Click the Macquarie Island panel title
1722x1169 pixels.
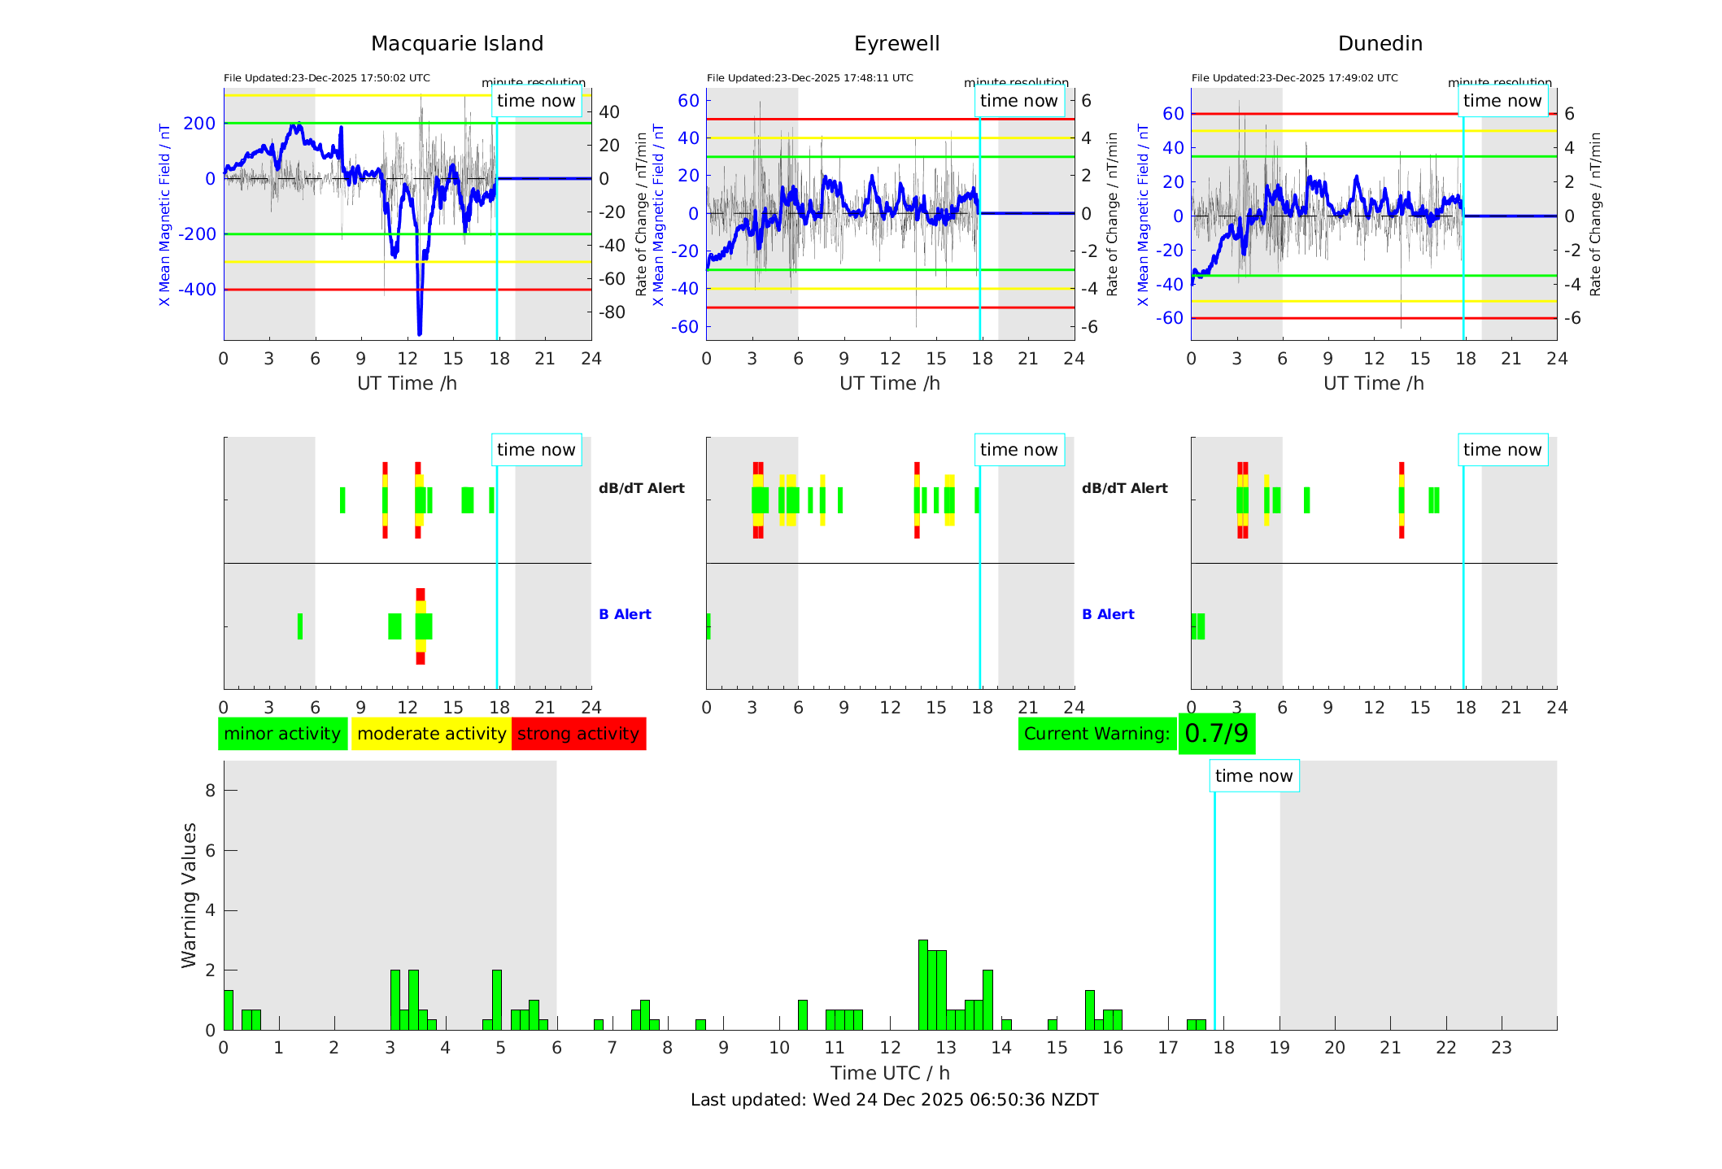457,44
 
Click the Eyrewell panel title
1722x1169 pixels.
896,44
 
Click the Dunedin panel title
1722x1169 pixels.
1380,44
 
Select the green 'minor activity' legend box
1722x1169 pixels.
282,734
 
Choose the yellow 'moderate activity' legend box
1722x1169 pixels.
431,734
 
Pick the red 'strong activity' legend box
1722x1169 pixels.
578,734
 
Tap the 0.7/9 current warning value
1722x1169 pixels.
1216,734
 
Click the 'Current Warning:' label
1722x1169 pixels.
1096,734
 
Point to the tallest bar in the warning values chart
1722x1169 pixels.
923,984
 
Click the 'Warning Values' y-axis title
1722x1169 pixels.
190,895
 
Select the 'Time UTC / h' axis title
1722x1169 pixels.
890,1073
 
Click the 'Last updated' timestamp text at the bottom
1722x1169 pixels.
894,1100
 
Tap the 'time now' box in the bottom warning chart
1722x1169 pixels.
1253,776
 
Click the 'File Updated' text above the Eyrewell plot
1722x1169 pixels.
809,78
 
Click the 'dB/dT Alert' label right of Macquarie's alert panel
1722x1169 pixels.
642,488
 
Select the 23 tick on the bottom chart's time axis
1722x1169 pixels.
1502,1048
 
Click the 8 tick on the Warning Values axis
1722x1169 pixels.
210,790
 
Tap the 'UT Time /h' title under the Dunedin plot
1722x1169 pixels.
1373,383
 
